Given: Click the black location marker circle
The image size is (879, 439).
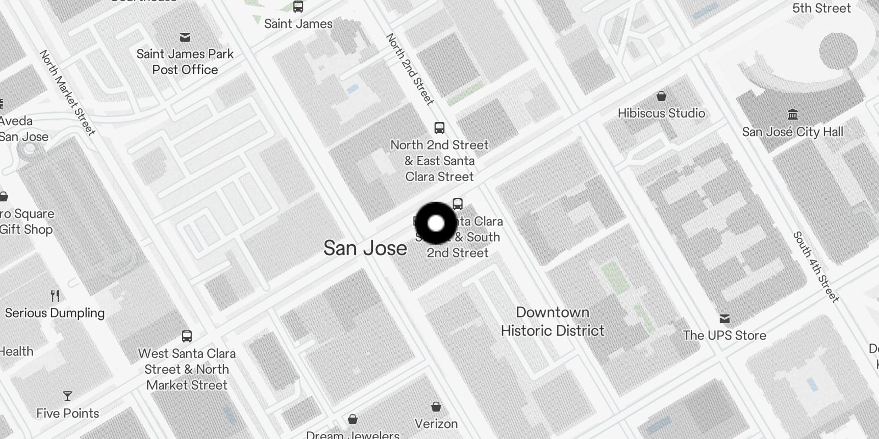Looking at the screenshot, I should [x=436, y=223].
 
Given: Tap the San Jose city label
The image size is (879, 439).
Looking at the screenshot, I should [x=365, y=248].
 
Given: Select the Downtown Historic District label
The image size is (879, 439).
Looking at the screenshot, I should [x=552, y=322].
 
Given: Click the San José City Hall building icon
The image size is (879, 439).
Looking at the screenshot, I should [x=792, y=114].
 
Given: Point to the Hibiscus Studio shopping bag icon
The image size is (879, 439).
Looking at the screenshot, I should [x=661, y=97].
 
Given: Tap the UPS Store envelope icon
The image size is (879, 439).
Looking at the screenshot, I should [x=725, y=319].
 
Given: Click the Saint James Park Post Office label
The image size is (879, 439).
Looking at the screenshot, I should [x=185, y=62].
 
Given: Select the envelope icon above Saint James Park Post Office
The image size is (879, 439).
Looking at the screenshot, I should [x=185, y=37].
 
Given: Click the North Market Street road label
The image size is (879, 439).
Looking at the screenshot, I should [x=68, y=92].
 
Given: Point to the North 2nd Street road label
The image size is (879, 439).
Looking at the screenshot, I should [x=410, y=69].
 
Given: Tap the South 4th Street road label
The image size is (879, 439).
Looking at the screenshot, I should [x=816, y=267].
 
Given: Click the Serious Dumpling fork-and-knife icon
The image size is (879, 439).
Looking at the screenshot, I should [x=55, y=296].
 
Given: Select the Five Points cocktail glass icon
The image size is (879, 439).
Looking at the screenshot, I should [x=68, y=396].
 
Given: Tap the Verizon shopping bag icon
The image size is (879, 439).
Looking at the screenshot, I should [x=436, y=407].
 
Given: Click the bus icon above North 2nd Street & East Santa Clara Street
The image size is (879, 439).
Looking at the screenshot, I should [x=439, y=128].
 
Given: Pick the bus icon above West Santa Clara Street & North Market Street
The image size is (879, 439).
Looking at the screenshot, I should [x=187, y=336].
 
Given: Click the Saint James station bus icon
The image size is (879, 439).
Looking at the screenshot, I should [x=298, y=7].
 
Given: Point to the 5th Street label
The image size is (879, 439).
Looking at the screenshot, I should [x=821, y=8].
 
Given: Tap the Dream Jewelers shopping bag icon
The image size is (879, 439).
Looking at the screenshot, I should [x=353, y=420].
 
